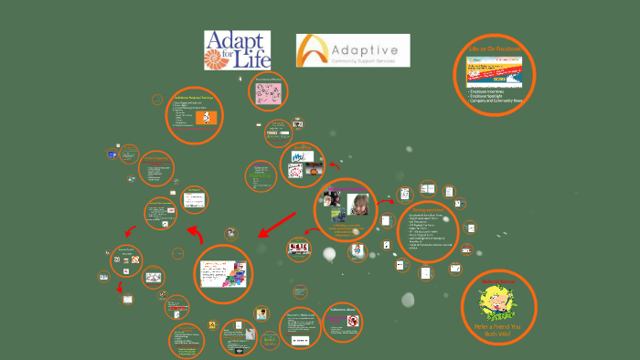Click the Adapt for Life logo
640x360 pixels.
[237, 51]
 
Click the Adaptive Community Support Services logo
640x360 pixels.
[353, 51]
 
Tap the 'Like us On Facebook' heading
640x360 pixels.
[494, 47]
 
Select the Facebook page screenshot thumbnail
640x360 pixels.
[494, 69]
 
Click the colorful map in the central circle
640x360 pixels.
[236, 274]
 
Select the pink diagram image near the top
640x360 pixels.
[271, 95]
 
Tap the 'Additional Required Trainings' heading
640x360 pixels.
[194, 98]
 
